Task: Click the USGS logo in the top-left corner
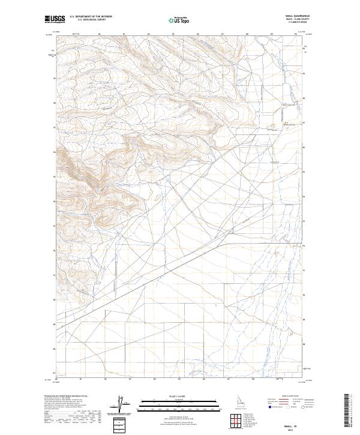tap(55, 19)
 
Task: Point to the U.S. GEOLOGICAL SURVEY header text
tap(88, 20)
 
